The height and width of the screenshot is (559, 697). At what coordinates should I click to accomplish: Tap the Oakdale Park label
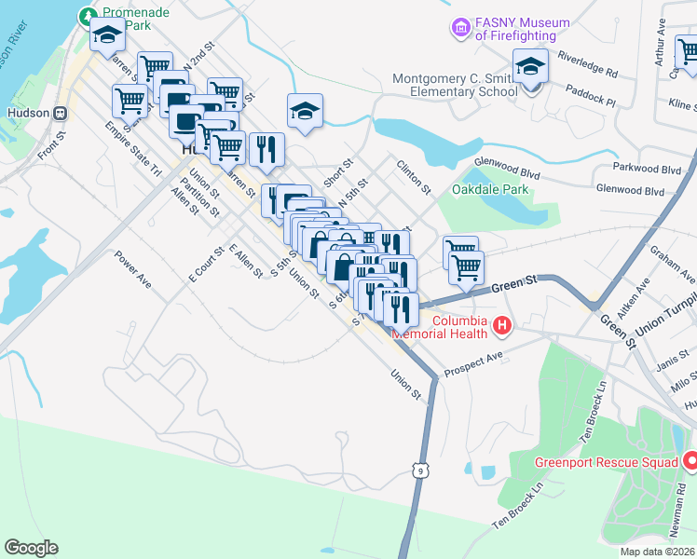490,189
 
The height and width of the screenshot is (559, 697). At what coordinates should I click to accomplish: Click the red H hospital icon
502,325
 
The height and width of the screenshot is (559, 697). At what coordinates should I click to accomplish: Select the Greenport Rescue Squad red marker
690,461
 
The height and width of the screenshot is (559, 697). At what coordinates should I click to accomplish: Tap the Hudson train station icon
61,113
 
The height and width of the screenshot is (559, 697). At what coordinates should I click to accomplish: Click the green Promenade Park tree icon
88,16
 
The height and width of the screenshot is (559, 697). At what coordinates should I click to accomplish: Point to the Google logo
31,548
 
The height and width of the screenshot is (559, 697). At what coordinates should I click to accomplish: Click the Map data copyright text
657,552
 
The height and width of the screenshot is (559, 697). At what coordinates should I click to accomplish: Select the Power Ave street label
133,267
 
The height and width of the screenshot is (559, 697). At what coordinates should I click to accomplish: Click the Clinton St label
414,176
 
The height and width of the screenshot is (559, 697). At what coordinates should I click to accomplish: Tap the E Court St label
206,265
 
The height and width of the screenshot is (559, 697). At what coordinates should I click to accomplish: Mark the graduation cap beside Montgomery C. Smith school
531,68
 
